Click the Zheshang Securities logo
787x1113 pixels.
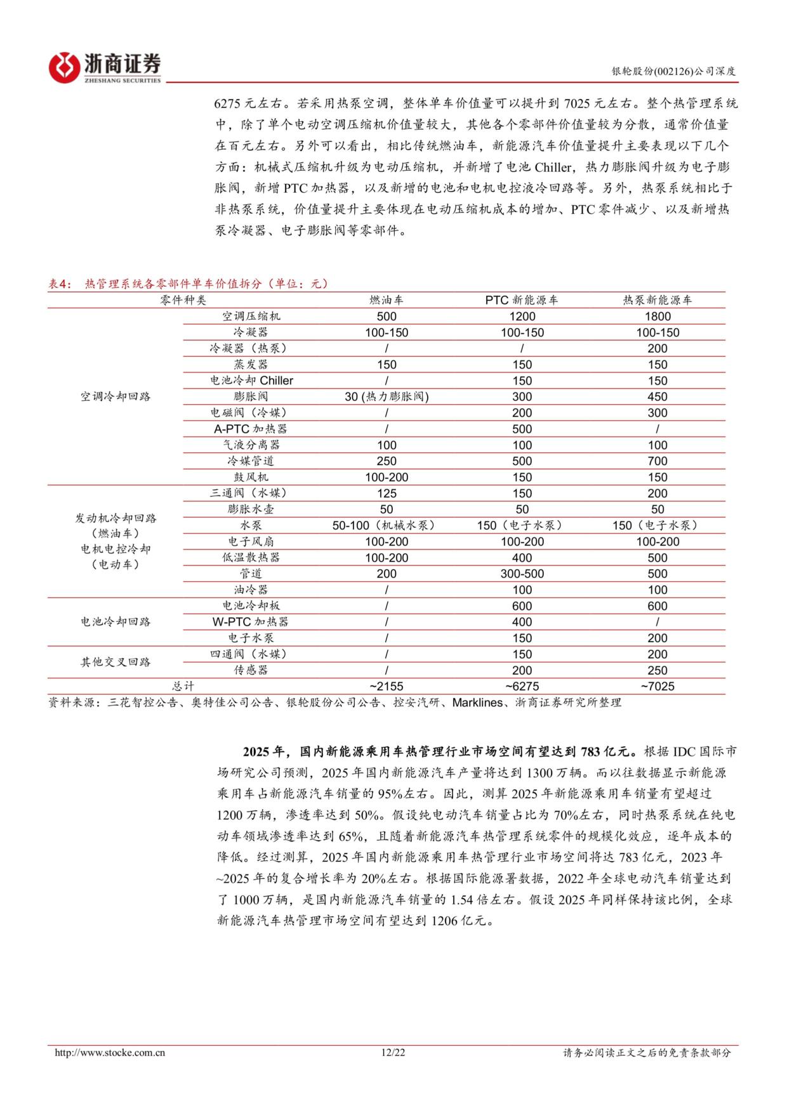(105, 66)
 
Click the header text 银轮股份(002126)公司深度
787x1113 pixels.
(673, 72)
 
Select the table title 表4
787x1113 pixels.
(61, 284)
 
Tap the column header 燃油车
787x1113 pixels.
(386, 300)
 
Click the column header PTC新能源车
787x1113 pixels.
(522, 300)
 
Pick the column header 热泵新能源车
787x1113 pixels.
(657, 300)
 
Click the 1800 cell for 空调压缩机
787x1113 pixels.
(657, 316)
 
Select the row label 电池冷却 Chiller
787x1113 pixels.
(251, 381)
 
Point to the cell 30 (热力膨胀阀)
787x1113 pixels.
(387, 397)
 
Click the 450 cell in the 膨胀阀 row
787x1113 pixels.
(657, 397)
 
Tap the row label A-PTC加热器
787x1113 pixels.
(251, 429)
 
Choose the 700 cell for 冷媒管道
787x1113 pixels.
(657, 461)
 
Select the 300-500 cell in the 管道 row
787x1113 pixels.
(522, 574)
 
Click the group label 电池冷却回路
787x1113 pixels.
(116, 622)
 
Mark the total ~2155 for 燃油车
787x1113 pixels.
(386, 686)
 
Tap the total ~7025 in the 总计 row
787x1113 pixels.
(657, 686)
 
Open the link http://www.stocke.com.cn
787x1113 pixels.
(110, 1053)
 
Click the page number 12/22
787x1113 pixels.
(393, 1053)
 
